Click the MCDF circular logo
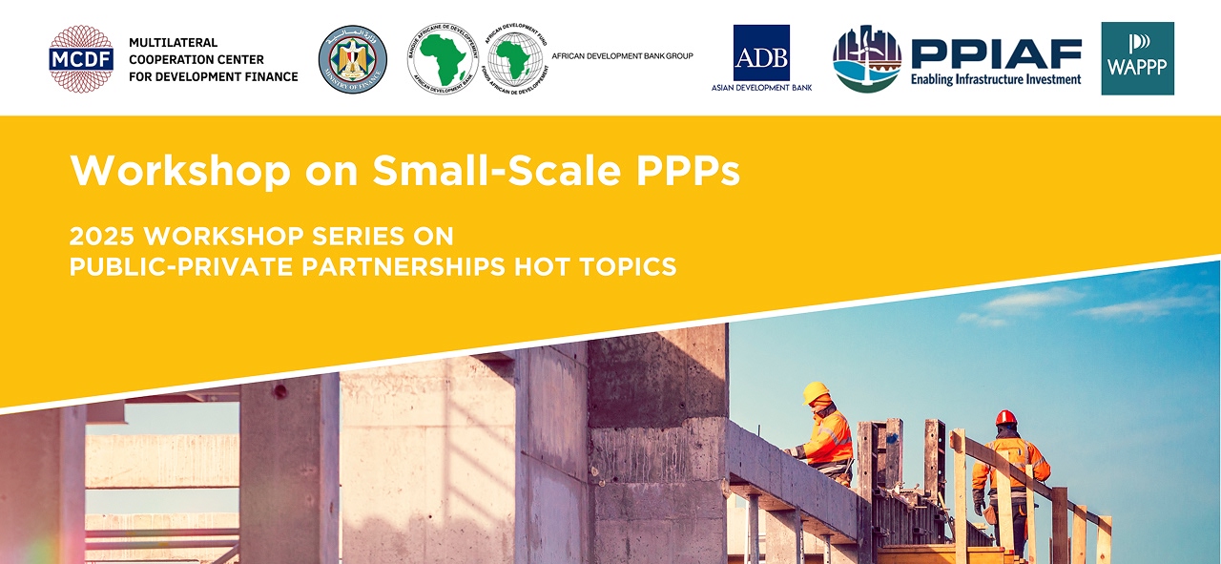point(81,59)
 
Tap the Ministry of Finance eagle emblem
point(352,59)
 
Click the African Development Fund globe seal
point(515,59)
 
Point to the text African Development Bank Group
point(622,56)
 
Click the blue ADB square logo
point(761,52)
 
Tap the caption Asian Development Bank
point(761,87)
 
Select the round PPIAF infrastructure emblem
point(867,59)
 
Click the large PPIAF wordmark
point(996,54)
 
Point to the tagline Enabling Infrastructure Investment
point(996,79)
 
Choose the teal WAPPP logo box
point(1137,59)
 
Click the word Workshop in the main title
point(180,171)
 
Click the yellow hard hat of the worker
point(817,392)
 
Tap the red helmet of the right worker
point(1006,418)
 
